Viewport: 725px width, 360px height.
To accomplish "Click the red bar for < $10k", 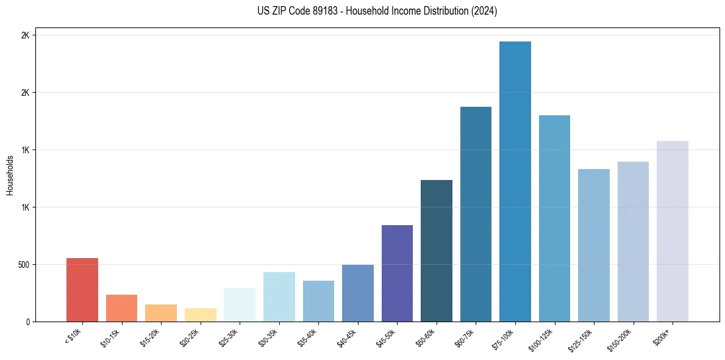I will click(x=82, y=290).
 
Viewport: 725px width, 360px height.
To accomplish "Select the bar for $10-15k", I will click(x=121, y=308).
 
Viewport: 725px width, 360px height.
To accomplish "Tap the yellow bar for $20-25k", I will click(x=200, y=315).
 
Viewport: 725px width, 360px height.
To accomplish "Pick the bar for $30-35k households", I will click(x=279, y=297).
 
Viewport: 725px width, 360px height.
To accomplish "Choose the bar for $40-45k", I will click(x=358, y=293).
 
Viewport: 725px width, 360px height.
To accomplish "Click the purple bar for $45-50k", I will click(x=397, y=273).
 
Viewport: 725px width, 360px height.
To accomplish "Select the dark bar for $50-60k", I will click(x=437, y=251).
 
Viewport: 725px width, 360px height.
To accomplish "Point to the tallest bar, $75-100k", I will click(x=515, y=181).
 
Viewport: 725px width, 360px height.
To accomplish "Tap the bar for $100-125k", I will click(x=554, y=218).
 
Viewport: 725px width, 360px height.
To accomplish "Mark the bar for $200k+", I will click(x=673, y=231).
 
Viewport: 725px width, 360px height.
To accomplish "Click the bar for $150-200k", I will click(x=633, y=242).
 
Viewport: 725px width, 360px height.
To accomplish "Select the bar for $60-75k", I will click(x=476, y=214).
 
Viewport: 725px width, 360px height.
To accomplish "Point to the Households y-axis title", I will click(x=10, y=175).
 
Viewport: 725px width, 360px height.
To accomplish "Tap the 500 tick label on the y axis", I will click(x=24, y=265).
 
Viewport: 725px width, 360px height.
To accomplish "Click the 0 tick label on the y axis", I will click(x=27, y=322).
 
